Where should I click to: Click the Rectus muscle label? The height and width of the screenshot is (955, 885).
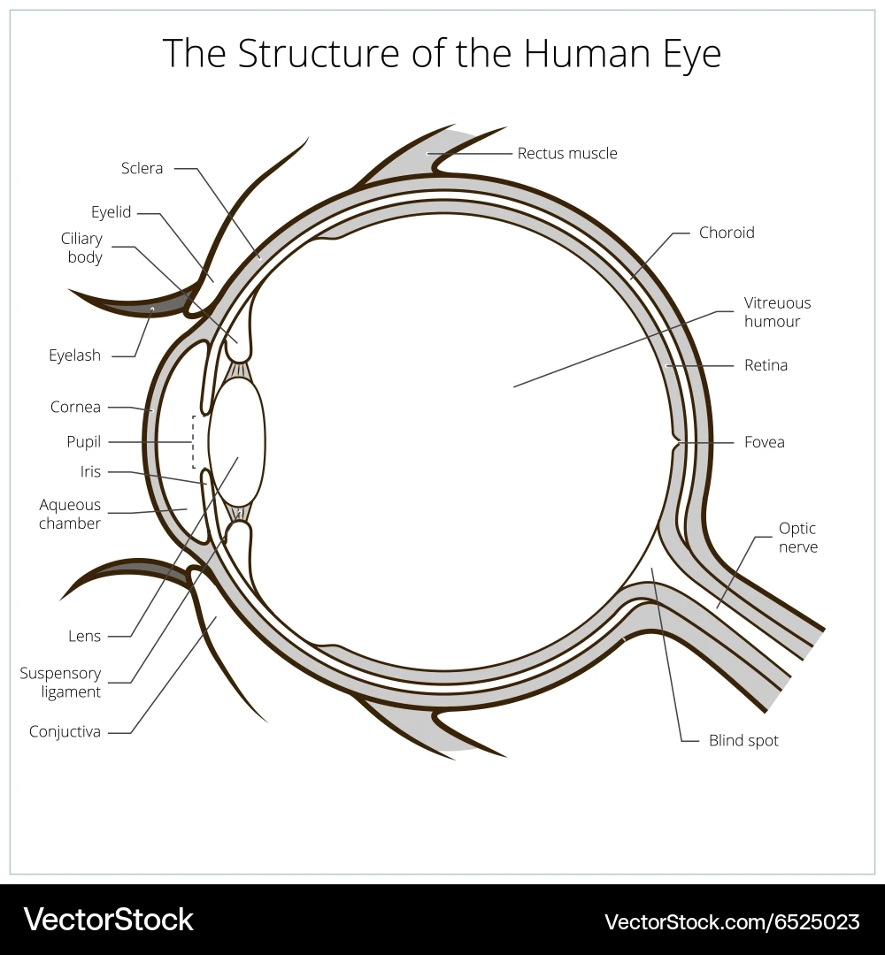point(567,153)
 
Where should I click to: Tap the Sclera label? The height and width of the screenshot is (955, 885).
point(142,168)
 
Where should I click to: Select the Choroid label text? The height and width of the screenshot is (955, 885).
point(727,233)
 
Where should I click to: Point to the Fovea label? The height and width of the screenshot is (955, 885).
point(764,442)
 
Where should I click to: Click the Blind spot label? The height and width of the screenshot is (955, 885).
point(743,741)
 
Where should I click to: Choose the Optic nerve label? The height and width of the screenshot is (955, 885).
point(797,538)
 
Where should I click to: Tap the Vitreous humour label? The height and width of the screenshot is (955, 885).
point(777,312)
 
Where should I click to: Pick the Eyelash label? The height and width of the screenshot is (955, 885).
point(74,355)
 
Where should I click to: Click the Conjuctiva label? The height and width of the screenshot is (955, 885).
point(65,732)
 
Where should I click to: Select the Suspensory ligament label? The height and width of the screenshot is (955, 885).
point(60,683)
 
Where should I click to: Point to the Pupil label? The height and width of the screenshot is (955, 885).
point(83,442)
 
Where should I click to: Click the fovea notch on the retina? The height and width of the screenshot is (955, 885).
point(677,441)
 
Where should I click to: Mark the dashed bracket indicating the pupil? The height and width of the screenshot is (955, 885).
point(195,441)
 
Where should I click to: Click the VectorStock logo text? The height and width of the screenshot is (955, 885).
point(108,920)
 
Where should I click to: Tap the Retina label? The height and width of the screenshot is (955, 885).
point(766,365)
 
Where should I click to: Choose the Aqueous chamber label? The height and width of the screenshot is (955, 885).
point(70,515)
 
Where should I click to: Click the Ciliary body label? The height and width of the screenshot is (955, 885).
point(81,248)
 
